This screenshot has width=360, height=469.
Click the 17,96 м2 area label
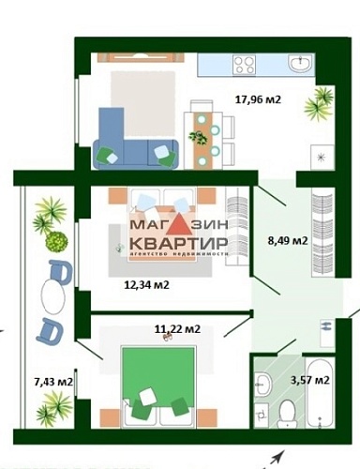(260, 98)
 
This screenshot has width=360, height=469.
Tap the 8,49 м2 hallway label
(287, 240)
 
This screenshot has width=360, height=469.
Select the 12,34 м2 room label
(146, 284)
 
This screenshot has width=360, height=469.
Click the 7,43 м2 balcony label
(52, 382)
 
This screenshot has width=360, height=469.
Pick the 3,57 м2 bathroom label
(308, 380)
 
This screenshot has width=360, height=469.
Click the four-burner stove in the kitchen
(246, 65)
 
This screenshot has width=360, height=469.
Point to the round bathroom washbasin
(263, 384)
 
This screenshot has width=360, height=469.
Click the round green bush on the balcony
(58, 241)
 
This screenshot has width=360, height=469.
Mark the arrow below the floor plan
(275, 459)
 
